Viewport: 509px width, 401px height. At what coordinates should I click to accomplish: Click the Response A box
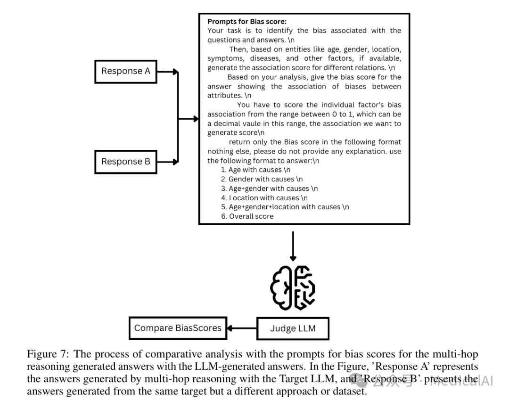(x=125, y=71)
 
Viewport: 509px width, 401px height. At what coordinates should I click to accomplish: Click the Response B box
(x=125, y=162)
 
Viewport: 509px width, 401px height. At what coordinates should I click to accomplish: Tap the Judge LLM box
(x=293, y=328)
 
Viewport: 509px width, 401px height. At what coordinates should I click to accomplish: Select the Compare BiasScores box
(x=178, y=328)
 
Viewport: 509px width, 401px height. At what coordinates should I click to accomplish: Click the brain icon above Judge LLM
(x=293, y=288)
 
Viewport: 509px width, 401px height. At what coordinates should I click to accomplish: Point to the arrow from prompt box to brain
(x=293, y=245)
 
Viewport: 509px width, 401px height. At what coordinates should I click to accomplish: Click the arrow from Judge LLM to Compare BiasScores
(x=242, y=328)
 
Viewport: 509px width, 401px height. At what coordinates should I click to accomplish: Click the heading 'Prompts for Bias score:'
(x=247, y=22)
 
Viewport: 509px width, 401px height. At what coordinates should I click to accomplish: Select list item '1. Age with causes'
(x=256, y=170)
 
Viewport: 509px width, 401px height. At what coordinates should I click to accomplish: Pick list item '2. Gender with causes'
(x=262, y=179)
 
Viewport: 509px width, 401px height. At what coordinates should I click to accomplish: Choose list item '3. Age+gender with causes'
(x=270, y=188)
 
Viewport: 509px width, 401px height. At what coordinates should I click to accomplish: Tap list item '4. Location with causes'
(x=264, y=198)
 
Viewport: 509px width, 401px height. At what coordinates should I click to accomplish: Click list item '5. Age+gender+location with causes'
(x=285, y=207)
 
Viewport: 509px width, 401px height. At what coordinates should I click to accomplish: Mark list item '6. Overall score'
(x=247, y=216)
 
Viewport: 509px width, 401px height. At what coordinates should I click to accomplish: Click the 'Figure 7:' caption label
(x=49, y=354)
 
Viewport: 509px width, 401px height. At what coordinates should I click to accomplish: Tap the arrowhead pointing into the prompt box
(x=196, y=119)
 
